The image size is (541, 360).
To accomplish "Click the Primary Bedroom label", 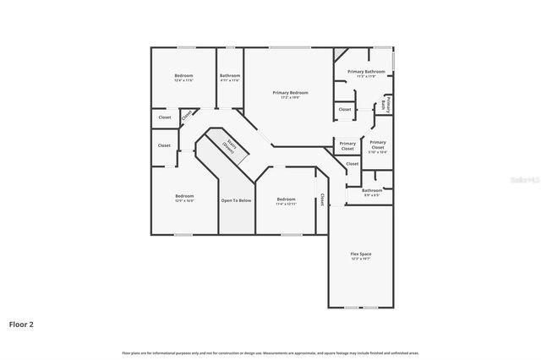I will [x=290, y=92].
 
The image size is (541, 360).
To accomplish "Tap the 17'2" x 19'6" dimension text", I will [x=290, y=97].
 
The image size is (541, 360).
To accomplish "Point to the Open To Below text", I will [x=236, y=200].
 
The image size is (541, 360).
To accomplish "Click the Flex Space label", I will [x=361, y=254].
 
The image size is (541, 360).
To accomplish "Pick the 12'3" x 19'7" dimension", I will [x=361, y=259].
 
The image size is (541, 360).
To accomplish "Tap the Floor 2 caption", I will [x=21, y=324].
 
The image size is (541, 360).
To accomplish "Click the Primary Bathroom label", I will [x=366, y=72].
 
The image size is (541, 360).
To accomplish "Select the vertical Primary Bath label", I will [x=385, y=105].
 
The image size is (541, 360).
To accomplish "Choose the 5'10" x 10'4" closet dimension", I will [x=378, y=153].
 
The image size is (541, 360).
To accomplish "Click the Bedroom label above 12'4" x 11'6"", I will [x=183, y=76].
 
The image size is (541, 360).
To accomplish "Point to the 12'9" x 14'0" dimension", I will [x=184, y=201].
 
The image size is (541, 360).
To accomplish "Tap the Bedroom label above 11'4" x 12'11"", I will [x=286, y=199].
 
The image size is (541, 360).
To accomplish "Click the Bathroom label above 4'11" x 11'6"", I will [x=230, y=76].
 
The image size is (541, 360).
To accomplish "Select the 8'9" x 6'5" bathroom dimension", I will [x=372, y=195].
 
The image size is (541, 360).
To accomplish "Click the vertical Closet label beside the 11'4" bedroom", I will [x=321, y=200].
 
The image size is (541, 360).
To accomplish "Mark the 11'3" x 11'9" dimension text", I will [x=366, y=77].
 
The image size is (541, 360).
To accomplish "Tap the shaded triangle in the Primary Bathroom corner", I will [x=338, y=53].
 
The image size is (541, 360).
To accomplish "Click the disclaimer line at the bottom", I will [x=270, y=352].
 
